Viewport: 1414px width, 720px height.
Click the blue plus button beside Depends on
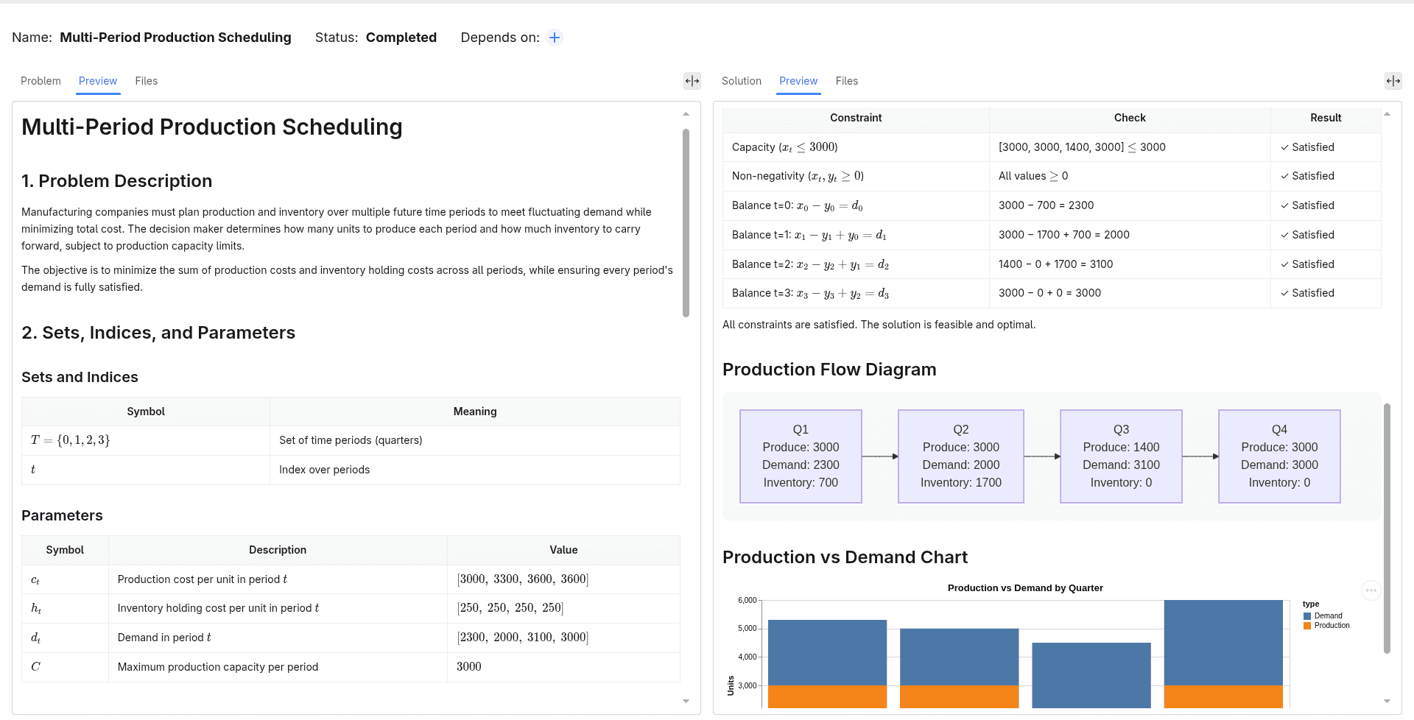pyautogui.click(x=555, y=38)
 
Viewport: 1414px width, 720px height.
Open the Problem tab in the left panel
pyautogui.click(x=41, y=81)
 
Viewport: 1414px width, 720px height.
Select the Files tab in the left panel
pyautogui.click(x=146, y=81)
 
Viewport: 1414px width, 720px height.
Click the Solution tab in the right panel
pyautogui.click(x=741, y=81)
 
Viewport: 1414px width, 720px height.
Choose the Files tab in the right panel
pyautogui.click(x=846, y=81)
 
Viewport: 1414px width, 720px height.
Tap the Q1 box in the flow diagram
pyautogui.click(x=801, y=456)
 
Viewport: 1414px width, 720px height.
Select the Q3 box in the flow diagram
pyautogui.click(x=1121, y=456)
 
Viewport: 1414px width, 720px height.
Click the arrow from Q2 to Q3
pyautogui.click(x=1042, y=456)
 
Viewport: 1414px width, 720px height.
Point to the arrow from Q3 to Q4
pyautogui.click(x=1200, y=456)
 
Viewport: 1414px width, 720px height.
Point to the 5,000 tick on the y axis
pyautogui.click(x=747, y=629)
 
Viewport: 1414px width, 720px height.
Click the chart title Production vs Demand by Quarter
pyautogui.click(x=1025, y=588)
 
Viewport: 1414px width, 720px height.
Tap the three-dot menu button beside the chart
pyautogui.click(x=1371, y=590)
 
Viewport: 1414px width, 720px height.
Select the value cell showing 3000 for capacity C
pyautogui.click(x=563, y=667)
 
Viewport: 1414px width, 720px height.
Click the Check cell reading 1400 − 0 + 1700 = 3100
pyautogui.click(x=1130, y=264)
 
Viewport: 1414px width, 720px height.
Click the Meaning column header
pyautogui.click(x=475, y=412)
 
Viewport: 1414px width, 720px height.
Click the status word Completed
pyautogui.click(x=401, y=38)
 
